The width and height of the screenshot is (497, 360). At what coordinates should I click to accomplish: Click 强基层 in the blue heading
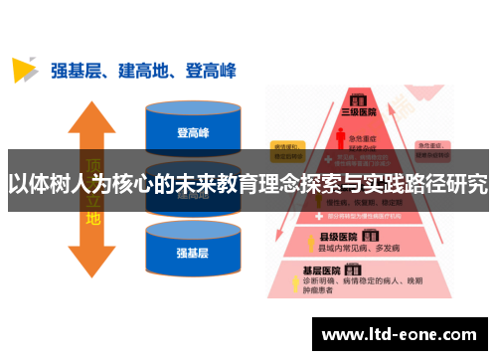[76, 70]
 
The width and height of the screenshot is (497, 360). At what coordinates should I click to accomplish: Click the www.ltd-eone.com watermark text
[402, 334]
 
